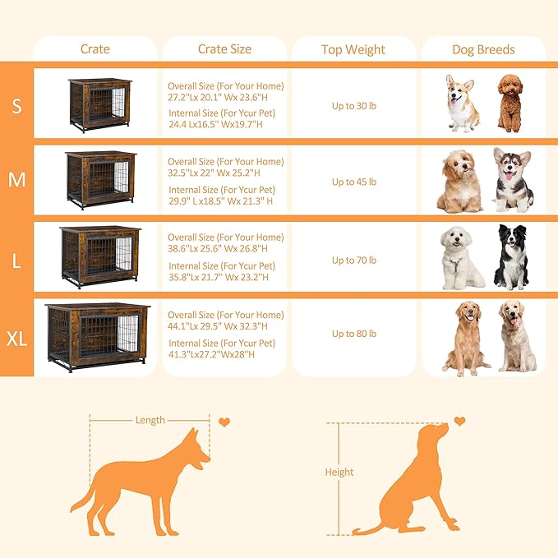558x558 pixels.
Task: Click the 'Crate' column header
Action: [x=95, y=49]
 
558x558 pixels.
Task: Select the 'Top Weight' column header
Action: [x=353, y=49]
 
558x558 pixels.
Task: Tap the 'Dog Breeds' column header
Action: [x=483, y=49]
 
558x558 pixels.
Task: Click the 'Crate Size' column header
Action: [x=224, y=49]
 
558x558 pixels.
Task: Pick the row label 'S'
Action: [x=16, y=104]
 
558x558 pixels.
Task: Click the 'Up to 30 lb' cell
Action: [x=354, y=104]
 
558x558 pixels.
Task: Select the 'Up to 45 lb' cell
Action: [x=354, y=182]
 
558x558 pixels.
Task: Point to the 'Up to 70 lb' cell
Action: [x=354, y=260]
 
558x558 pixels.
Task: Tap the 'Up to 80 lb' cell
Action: [x=354, y=334]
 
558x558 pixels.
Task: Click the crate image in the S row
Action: [x=99, y=104]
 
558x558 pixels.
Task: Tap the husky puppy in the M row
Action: [x=513, y=180]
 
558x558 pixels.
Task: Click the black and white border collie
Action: [x=510, y=257]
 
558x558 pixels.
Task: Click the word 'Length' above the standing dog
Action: [x=150, y=420]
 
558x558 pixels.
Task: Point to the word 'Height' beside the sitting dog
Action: [x=339, y=472]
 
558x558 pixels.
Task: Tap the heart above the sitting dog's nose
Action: [x=459, y=421]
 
